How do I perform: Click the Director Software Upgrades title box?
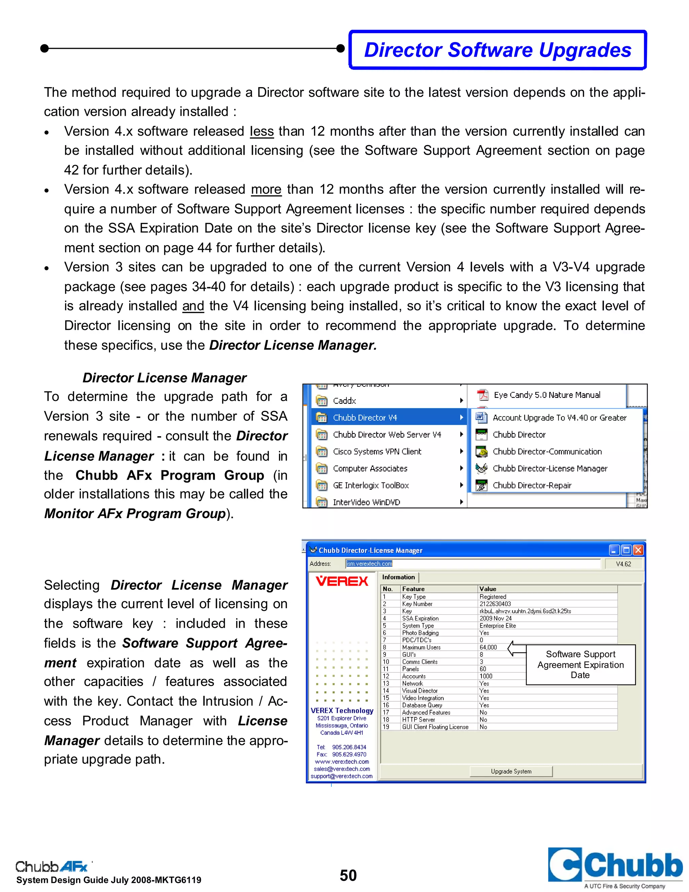(497, 50)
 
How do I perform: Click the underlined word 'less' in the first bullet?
(262, 132)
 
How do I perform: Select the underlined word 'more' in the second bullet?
(266, 190)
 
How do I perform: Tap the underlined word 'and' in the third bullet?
(193, 306)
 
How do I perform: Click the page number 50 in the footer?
(348, 875)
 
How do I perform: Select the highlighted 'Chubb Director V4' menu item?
(365, 417)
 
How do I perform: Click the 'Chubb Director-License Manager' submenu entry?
(549, 469)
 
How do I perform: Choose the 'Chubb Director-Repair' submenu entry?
(532, 485)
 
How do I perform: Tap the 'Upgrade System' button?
(511, 771)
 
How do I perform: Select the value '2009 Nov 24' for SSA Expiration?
(496, 618)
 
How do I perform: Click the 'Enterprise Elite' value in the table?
(498, 626)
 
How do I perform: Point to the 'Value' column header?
(488, 589)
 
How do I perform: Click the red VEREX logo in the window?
(342, 581)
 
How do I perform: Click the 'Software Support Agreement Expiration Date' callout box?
(580, 664)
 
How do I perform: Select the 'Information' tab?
(398, 577)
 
